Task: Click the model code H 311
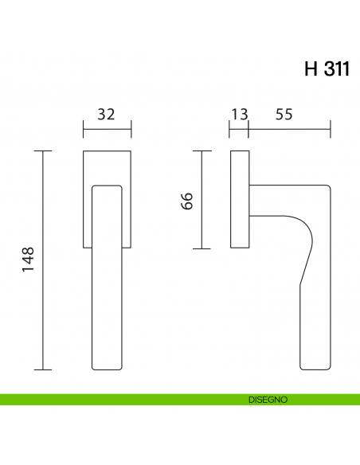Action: [327, 68]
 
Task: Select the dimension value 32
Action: [106, 114]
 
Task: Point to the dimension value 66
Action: [187, 200]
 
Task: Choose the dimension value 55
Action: [284, 114]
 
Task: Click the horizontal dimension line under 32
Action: [107, 128]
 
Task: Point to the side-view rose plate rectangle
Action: [240, 199]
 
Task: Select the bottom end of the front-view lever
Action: [108, 368]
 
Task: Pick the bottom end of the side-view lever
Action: [315, 368]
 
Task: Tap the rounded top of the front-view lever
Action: [108, 188]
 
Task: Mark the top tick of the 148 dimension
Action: [44, 150]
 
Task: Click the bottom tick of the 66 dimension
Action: [203, 248]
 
